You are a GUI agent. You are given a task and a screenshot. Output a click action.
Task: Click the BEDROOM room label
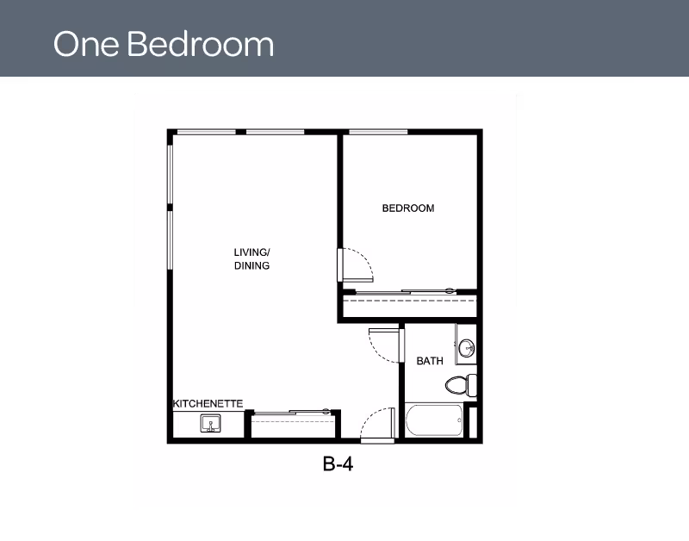[x=408, y=208]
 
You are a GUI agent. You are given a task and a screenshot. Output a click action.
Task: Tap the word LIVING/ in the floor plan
[x=251, y=252]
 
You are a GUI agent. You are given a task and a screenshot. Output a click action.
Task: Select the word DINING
[x=251, y=265]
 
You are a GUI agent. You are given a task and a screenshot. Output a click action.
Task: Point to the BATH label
[x=430, y=361]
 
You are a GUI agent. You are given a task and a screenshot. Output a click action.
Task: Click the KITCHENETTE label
[x=208, y=403]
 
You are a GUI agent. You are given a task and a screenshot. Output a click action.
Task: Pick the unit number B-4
[x=338, y=463]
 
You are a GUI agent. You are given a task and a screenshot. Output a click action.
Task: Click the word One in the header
[x=86, y=45]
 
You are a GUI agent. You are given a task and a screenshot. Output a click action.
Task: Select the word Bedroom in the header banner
[x=201, y=44]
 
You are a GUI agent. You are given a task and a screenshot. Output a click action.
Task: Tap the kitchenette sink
[x=210, y=423]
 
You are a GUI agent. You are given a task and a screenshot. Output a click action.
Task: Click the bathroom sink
[x=466, y=349]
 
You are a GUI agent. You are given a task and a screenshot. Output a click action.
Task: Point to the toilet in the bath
[x=461, y=385]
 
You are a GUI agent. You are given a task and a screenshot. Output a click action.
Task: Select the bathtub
[x=434, y=420]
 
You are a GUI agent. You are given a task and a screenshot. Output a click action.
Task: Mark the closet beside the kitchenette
[x=293, y=424]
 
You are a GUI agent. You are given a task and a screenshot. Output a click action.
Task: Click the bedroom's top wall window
[x=378, y=132]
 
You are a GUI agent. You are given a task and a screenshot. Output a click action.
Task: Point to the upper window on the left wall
[x=170, y=175]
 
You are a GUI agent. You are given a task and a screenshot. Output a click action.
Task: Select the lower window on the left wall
[x=170, y=240]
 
